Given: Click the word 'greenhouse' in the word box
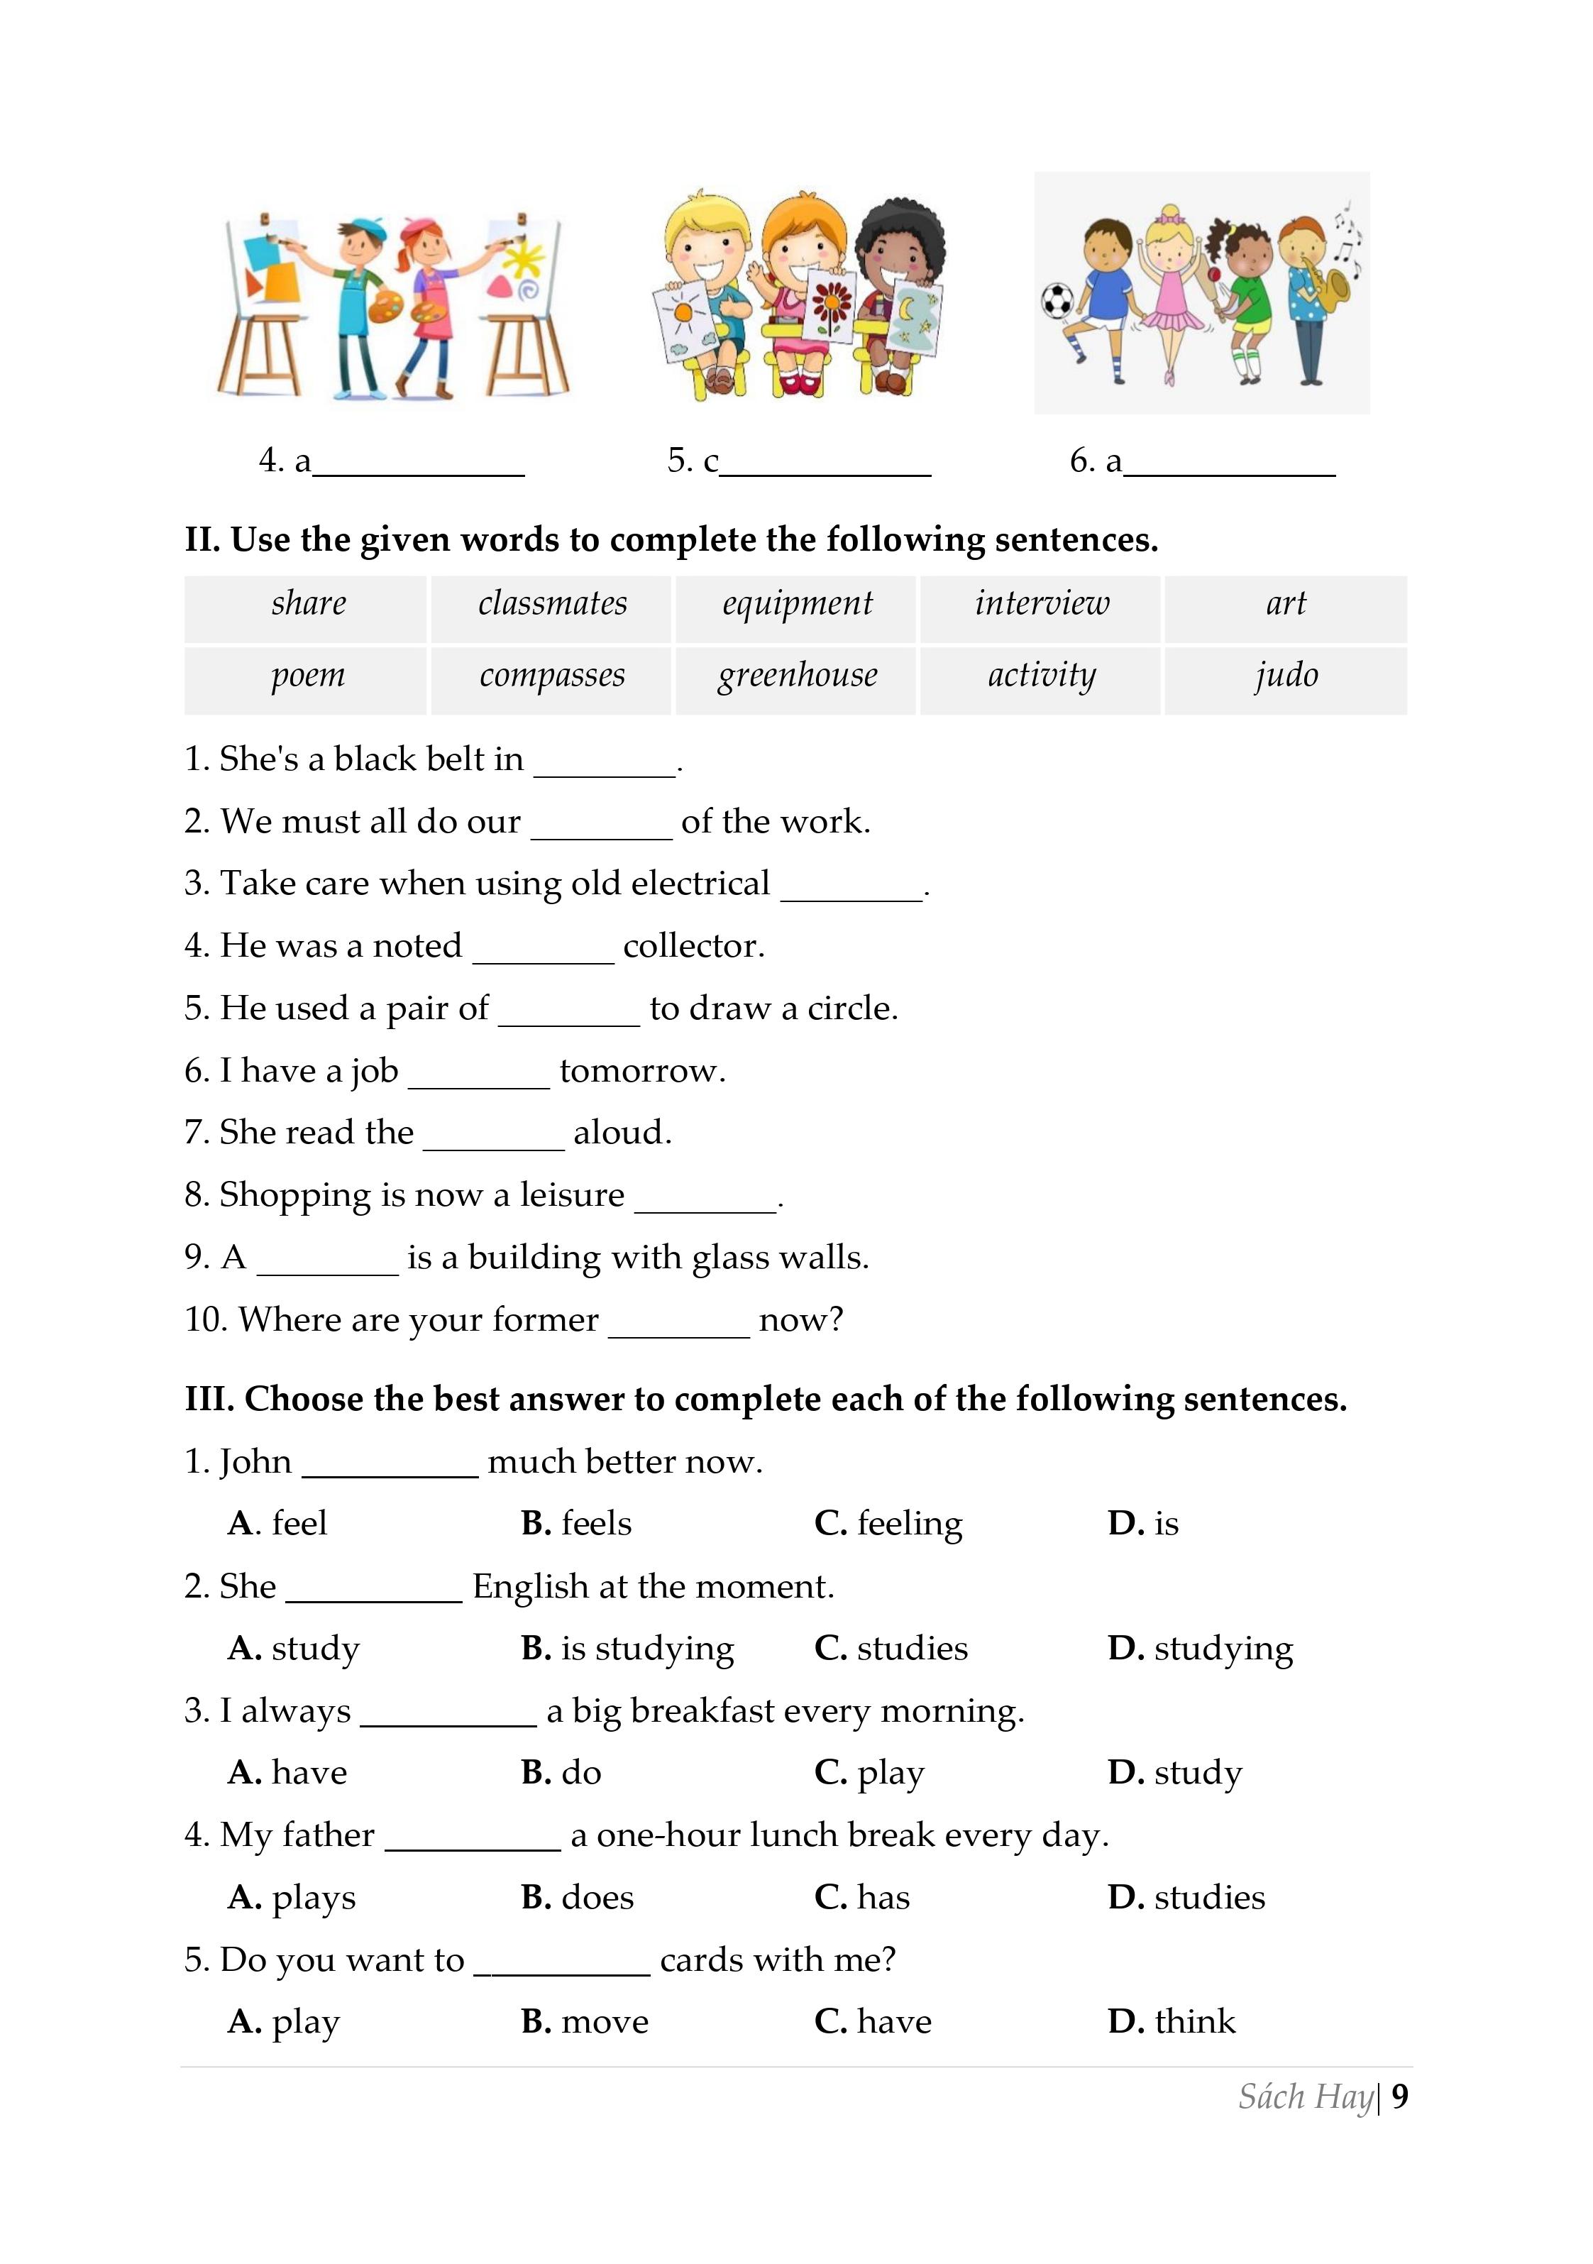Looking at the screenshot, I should (796, 676).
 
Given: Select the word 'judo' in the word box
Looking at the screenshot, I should (1286, 676).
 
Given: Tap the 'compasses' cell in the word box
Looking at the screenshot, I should (552, 676).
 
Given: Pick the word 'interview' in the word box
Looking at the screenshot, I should (1041, 603).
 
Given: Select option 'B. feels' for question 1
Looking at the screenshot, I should (577, 1524).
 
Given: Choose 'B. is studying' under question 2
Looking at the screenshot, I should (628, 1649).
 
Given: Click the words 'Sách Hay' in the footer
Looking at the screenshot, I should (1305, 2097).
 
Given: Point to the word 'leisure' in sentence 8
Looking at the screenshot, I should (572, 1195).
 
